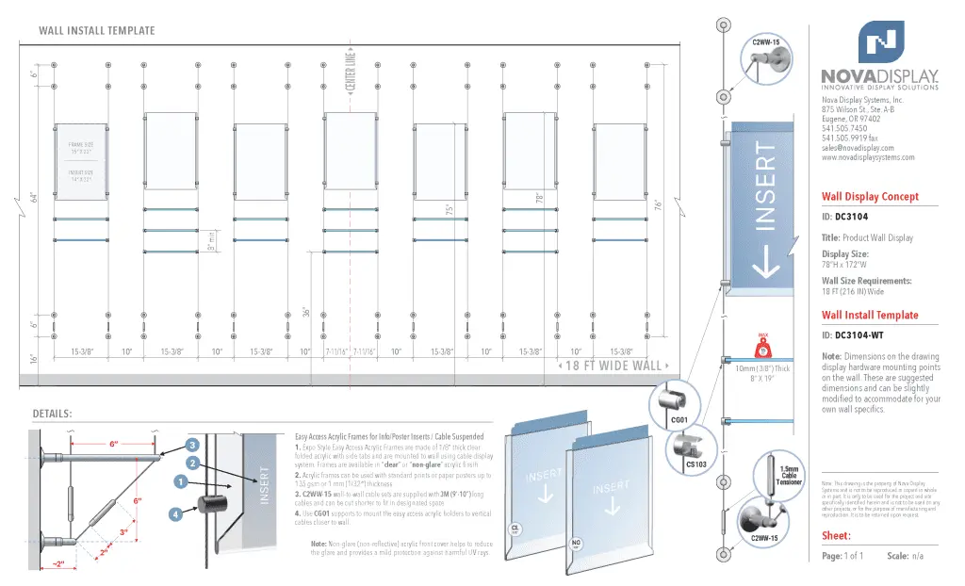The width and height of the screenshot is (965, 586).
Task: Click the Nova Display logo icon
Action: pyautogui.click(x=881, y=42)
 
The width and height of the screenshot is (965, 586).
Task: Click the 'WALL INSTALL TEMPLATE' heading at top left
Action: pyautogui.click(x=97, y=30)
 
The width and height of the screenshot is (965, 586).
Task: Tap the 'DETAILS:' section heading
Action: pyautogui.click(x=53, y=414)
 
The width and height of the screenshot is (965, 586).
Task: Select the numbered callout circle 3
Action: pyautogui.click(x=192, y=445)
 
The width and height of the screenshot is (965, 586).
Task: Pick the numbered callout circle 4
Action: pyautogui.click(x=175, y=514)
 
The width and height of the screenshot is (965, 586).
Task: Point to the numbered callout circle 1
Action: pyautogui.click(x=178, y=482)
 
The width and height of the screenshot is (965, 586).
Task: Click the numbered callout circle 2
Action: pyautogui.click(x=191, y=464)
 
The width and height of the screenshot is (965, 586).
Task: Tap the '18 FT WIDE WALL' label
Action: pyautogui.click(x=614, y=366)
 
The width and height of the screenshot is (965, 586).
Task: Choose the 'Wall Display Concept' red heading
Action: pyautogui.click(x=870, y=197)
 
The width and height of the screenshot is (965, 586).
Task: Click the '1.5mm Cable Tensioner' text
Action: pyautogui.click(x=790, y=476)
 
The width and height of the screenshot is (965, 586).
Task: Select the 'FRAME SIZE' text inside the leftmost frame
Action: pyautogui.click(x=81, y=145)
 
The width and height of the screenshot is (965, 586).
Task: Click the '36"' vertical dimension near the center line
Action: pyautogui.click(x=306, y=308)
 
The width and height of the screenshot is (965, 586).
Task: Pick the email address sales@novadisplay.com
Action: pyautogui.click(x=858, y=148)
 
